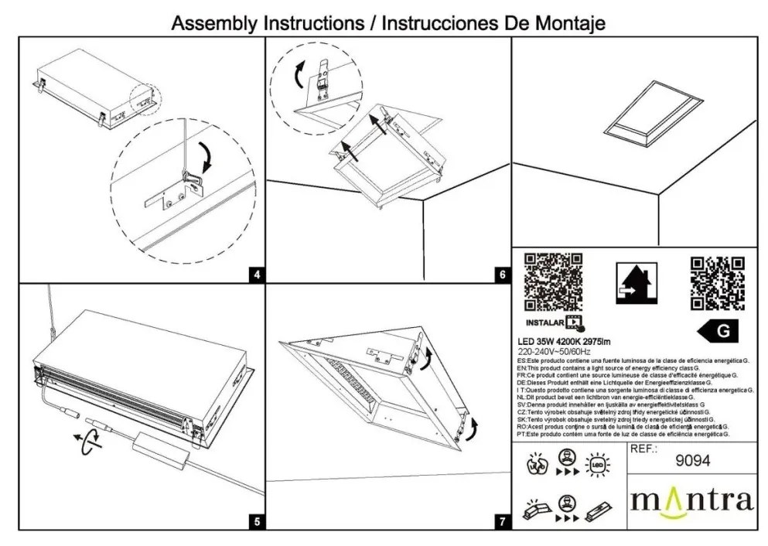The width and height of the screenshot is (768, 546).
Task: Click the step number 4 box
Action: (257, 274)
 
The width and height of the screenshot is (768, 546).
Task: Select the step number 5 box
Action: (257, 521)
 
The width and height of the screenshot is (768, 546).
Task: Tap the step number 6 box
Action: (503, 274)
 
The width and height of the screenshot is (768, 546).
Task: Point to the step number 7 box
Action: (503, 521)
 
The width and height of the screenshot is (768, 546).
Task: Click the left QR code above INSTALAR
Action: (554, 281)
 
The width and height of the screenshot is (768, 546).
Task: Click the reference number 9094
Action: (692, 461)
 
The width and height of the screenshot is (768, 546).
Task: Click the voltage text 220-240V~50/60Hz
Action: (553, 351)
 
